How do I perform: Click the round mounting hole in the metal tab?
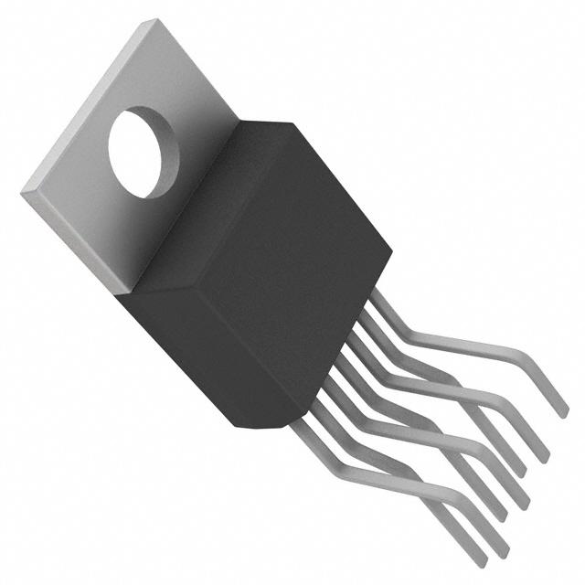click(144, 152)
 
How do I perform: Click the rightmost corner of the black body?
click(392, 247)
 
